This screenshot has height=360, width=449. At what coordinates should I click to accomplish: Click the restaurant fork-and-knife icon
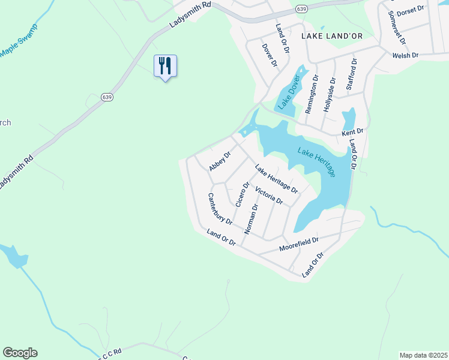pos(166,65)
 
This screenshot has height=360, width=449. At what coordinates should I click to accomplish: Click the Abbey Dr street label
pos(219,161)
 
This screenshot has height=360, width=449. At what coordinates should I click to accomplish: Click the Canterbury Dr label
pos(220,208)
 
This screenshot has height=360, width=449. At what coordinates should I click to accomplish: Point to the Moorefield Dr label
pos(298,244)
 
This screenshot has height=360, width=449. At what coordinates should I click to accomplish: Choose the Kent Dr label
pos(353,131)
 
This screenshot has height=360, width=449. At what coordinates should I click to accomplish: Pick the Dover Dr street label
pos(269,55)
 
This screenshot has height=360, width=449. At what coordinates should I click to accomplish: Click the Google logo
pos(20,353)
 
